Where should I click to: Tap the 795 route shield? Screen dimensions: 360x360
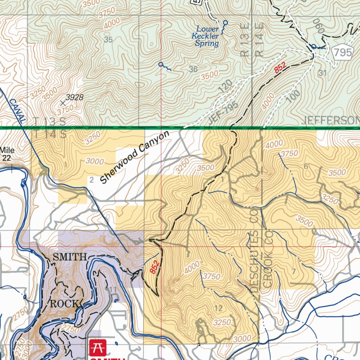click(342, 53)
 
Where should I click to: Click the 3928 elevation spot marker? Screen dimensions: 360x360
click(63, 103)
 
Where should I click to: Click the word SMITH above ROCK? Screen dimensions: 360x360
click(69, 257)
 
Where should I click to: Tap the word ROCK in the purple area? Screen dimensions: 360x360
click(64, 304)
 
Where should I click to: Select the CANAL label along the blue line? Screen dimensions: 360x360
click(17, 111)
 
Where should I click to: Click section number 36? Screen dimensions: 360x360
click(193, 69)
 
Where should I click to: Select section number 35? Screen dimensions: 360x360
click(108, 40)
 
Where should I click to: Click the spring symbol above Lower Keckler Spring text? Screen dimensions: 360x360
click(225, 22)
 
